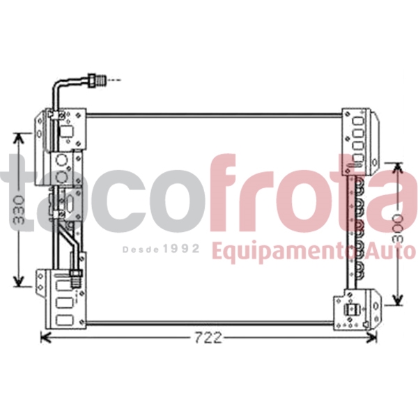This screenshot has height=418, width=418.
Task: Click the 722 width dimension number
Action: click(x=208, y=338)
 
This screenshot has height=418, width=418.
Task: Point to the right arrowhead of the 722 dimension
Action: click(x=376, y=338)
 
